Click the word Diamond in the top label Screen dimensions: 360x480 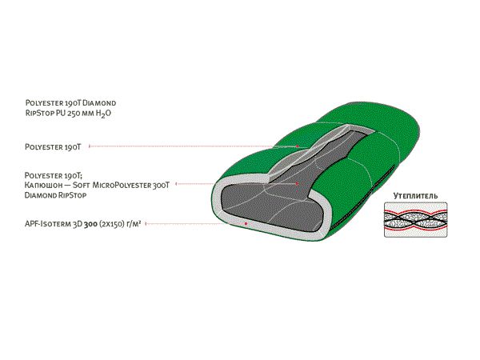coord(101,104)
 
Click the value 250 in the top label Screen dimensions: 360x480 coord(80,114)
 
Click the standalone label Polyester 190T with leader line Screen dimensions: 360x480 coord(54,146)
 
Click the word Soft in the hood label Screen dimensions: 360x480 coord(89,184)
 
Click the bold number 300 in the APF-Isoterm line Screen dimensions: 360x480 coord(104,226)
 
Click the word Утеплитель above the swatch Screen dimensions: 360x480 coord(415,195)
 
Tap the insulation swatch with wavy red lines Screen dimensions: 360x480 coord(415,219)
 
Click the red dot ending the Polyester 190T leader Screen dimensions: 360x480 coord(298,146)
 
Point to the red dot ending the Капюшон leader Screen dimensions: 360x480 coord(297,184)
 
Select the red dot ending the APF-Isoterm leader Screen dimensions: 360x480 coord(246,224)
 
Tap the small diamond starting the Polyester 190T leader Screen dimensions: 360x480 coord(90,146)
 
